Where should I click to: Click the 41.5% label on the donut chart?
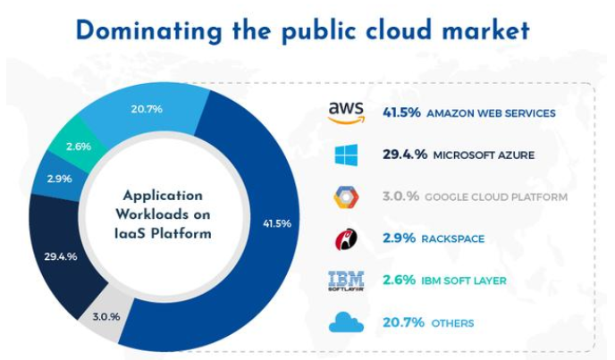click(278, 223)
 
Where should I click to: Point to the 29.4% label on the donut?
click(61, 256)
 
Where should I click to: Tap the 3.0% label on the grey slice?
click(106, 315)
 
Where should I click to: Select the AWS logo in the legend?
click(346, 113)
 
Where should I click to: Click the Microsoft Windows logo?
click(346, 155)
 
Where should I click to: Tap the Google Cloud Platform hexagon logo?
click(346, 197)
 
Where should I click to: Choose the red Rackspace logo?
click(346, 239)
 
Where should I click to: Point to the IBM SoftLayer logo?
click(346, 280)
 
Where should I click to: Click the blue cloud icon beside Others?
click(346, 322)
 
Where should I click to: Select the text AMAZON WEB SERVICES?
click(491, 113)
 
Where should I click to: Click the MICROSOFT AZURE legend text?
click(484, 155)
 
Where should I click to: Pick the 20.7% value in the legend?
click(399, 322)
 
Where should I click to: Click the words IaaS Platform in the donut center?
click(163, 235)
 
